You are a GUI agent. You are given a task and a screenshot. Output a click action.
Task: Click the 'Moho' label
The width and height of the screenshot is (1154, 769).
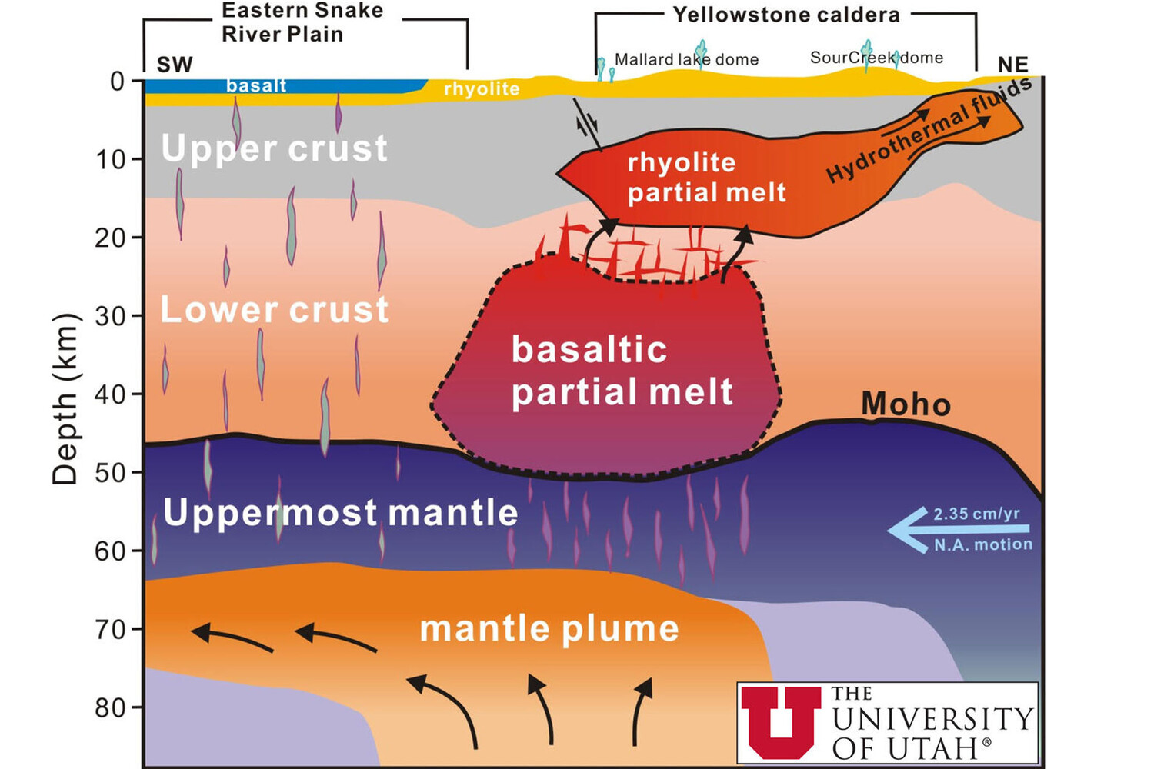[x=906, y=404]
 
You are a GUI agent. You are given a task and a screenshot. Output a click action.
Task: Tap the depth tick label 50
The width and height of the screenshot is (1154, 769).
[x=109, y=472]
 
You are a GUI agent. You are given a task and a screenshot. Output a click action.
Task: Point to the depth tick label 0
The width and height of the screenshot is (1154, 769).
[x=117, y=81]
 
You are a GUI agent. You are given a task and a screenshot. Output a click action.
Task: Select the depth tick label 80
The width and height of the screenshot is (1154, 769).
[x=109, y=707]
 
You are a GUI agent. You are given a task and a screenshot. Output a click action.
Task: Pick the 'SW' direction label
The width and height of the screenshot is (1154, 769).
[x=175, y=65]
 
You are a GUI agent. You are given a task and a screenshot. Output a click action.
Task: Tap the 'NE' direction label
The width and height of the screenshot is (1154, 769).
[x=1012, y=65]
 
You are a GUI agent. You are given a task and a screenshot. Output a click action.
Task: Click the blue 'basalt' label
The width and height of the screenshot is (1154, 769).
[x=256, y=85]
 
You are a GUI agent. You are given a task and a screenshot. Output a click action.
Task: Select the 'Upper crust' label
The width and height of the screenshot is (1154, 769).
[x=274, y=148]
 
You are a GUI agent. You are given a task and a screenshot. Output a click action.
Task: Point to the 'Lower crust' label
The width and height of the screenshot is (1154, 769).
[x=274, y=309]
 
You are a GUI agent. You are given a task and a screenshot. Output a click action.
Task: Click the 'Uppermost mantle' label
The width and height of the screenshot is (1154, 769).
[x=340, y=512]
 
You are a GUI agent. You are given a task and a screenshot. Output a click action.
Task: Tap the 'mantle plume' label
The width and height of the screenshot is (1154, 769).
[x=549, y=628]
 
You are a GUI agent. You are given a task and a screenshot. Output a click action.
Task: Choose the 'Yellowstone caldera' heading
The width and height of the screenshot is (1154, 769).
[x=785, y=15]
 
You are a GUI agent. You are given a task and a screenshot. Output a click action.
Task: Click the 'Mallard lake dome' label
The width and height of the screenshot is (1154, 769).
[x=686, y=59]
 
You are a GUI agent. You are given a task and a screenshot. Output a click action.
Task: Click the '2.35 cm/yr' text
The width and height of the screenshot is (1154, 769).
[x=976, y=514]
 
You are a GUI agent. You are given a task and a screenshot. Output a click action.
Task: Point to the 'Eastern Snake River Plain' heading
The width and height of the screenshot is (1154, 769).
[x=302, y=22]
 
